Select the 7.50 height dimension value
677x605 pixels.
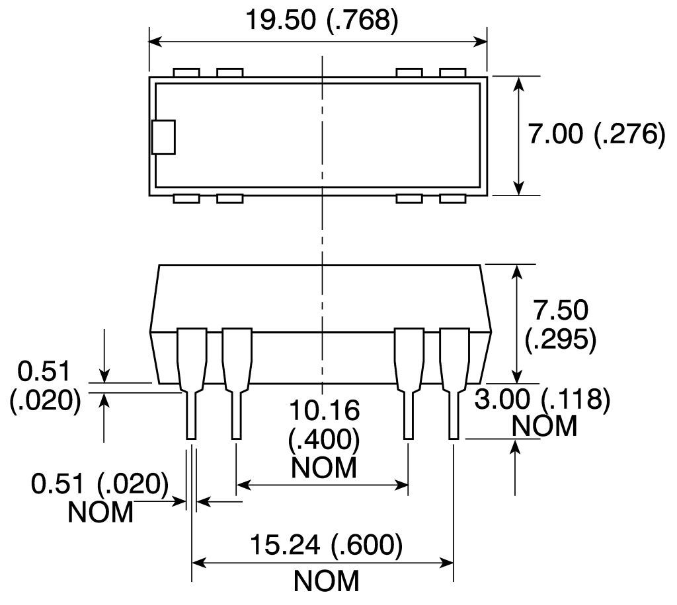[x=561, y=310]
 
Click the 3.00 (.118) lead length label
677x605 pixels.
[x=542, y=400]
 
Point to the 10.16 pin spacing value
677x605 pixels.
[x=324, y=410]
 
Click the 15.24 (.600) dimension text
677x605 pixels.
[x=326, y=545]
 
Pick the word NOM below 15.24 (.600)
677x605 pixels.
[x=327, y=581]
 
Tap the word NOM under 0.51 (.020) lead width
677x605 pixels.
[x=100, y=513]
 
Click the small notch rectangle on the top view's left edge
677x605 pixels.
[x=163, y=137]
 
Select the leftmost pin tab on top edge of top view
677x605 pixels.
[x=186, y=73]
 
